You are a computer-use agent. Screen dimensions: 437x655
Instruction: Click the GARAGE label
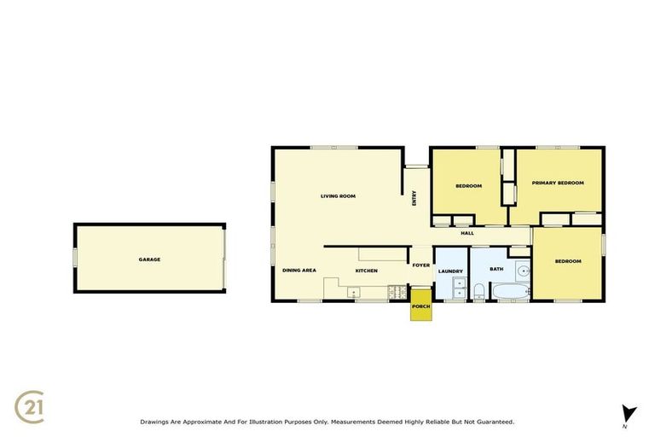pyautogui.click(x=149, y=259)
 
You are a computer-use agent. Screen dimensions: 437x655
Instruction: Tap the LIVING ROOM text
pyautogui.click(x=338, y=196)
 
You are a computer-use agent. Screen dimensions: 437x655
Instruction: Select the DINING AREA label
pyautogui.click(x=299, y=271)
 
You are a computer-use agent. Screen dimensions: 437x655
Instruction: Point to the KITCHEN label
pyautogui.click(x=367, y=271)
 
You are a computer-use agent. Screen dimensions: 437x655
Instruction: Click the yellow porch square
pyautogui.click(x=420, y=310)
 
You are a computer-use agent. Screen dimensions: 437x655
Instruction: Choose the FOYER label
pyautogui.click(x=421, y=265)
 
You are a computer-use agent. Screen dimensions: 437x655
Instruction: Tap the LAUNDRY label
pyautogui.click(x=450, y=271)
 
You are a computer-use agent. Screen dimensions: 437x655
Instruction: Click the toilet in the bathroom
pyautogui.click(x=479, y=292)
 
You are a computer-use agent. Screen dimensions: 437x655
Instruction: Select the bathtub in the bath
pyautogui.click(x=508, y=293)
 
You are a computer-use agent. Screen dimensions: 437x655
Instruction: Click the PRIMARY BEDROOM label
pyautogui.click(x=558, y=183)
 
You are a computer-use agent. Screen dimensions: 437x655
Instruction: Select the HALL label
pyautogui.click(x=467, y=233)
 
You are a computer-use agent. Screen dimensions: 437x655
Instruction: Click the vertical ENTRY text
pyautogui.click(x=414, y=197)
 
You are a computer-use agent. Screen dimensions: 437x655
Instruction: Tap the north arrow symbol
pyautogui.click(x=629, y=413)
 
